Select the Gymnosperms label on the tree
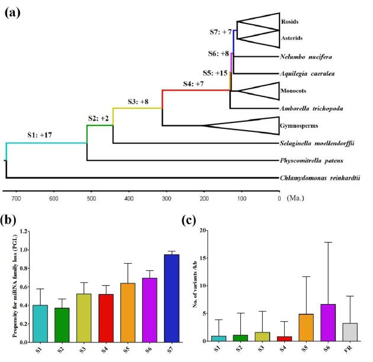coord(296,126)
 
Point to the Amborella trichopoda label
coord(314,109)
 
